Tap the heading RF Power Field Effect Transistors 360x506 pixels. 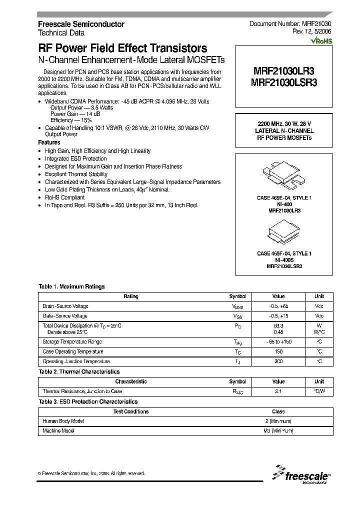(122, 48)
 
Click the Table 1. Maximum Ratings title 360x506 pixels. (71, 286)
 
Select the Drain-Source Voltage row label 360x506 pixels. (65, 306)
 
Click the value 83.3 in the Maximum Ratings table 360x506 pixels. (278, 325)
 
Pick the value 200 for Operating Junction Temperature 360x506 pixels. (278, 361)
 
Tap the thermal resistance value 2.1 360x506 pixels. (278, 391)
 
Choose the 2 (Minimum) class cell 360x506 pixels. (278, 421)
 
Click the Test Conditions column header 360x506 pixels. (131, 411)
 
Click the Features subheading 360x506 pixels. (49, 142)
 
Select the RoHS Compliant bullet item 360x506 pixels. (64, 197)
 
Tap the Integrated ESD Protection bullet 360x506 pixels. (75, 158)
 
